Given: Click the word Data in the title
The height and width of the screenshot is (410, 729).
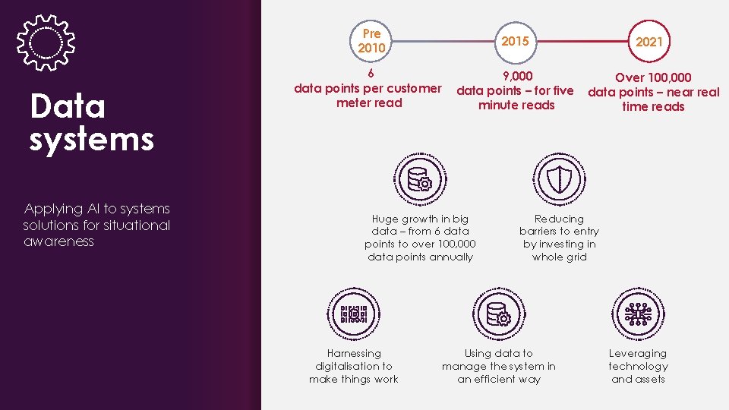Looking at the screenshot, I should pyautogui.click(x=67, y=107).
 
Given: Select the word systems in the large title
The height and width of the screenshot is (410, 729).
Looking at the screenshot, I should pyautogui.click(x=92, y=140).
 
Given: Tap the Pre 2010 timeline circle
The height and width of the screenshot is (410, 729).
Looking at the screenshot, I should pyautogui.click(x=372, y=41).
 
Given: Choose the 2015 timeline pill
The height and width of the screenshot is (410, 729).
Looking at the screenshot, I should pyautogui.click(x=516, y=41).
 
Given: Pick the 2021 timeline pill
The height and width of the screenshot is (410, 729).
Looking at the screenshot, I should pyautogui.click(x=649, y=42).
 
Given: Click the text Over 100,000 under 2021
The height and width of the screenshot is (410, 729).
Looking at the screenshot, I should pyautogui.click(x=653, y=77).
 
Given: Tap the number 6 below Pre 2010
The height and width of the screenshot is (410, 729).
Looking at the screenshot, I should pyautogui.click(x=370, y=74).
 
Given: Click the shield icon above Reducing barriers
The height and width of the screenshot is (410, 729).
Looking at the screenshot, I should pyautogui.click(x=560, y=180).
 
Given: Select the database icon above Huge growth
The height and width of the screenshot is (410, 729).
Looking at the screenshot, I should pyautogui.click(x=419, y=180).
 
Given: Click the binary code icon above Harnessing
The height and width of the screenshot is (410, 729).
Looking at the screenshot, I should pyautogui.click(x=354, y=314).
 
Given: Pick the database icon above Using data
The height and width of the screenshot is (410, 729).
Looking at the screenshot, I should pyautogui.click(x=498, y=314).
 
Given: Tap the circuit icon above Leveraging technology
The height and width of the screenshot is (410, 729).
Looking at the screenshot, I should pyautogui.click(x=638, y=314).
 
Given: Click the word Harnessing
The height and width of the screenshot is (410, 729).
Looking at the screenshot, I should pyautogui.click(x=354, y=353).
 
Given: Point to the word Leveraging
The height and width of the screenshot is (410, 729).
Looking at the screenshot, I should pyautogui.click(x=638, y=353).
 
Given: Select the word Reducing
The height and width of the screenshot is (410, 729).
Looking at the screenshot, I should pyautogui.click(x=559, y=219).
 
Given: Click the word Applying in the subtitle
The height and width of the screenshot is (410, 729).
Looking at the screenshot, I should pyautogui.click(x=53, y=209).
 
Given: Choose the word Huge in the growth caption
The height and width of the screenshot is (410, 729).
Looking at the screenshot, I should pyautogui.click(x=386, y=219).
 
